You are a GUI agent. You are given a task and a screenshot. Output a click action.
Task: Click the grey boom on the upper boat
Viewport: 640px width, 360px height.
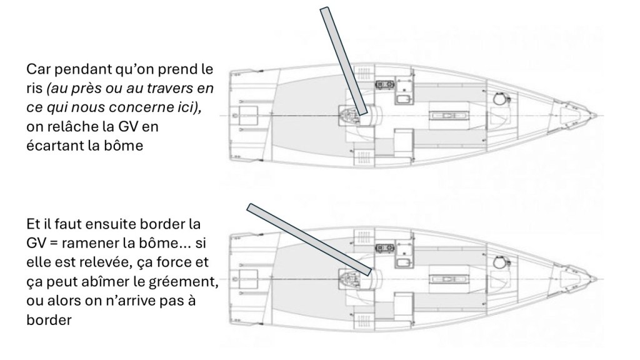tap(343, 62)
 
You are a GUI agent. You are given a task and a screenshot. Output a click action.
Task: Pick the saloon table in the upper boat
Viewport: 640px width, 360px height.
tap(448, 116)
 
